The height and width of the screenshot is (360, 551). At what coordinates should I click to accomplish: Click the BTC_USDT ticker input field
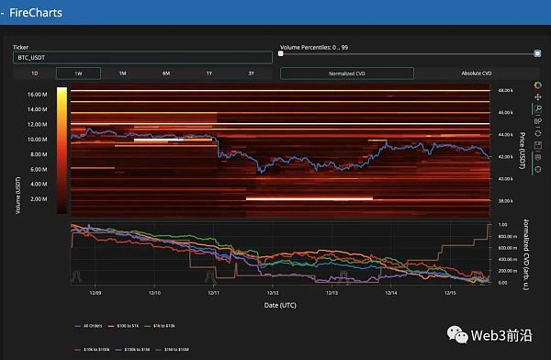click(x=142, y=57)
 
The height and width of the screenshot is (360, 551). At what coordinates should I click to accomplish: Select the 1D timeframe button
click(x=34, y=73)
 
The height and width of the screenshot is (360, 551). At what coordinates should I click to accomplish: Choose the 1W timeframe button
click(x=78, y=73)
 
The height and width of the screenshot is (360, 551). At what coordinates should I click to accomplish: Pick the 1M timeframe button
click(x=122, y=73)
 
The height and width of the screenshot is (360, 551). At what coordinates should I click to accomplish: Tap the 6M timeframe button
click(x=166, y=73)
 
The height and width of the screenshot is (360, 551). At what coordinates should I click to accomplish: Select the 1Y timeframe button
click(x=209, y=73)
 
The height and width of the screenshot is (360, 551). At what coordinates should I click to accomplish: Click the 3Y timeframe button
click(x=251, y=73)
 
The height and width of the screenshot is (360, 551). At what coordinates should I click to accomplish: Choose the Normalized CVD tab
click(x=343, y=73)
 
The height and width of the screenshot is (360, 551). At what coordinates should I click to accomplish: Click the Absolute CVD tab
click(x=474, y=73)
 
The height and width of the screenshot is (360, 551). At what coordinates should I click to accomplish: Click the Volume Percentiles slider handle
click(x=536, y=53)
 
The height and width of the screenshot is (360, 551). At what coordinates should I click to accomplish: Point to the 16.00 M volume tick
click(x=38, y=94)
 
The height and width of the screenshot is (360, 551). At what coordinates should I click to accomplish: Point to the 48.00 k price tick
click(x=506, y=91)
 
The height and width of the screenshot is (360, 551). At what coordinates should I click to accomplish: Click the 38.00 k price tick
click(x=506, y=200)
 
